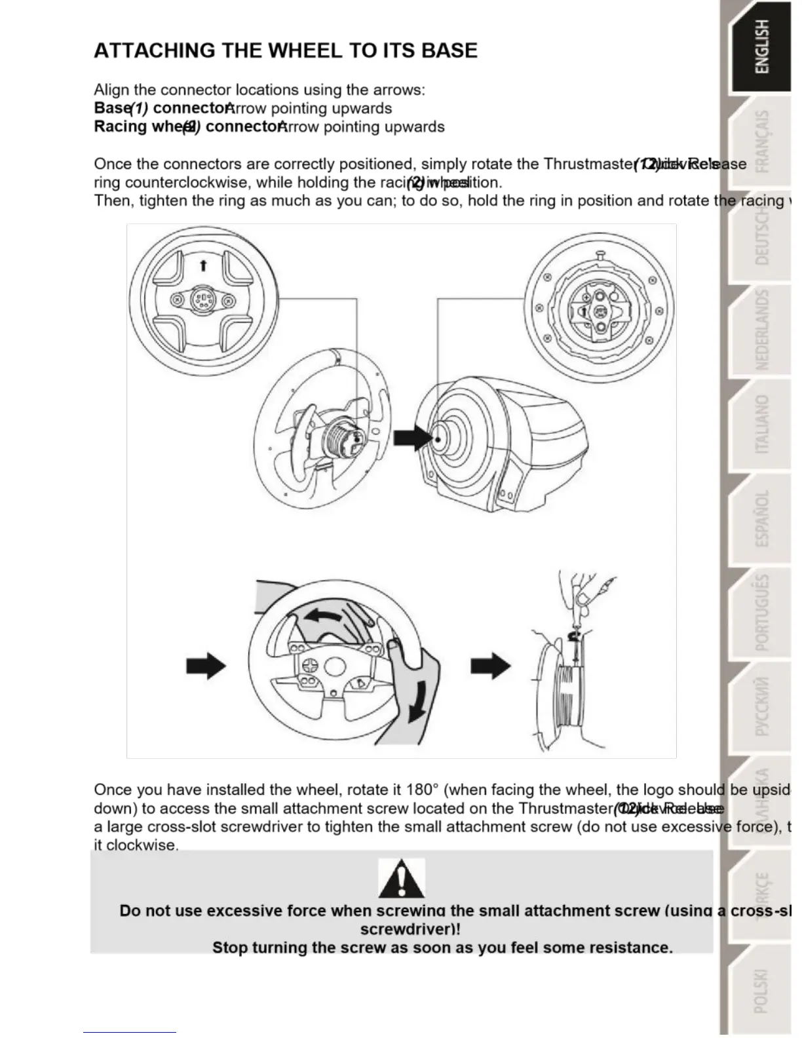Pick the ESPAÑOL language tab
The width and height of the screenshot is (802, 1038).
762,518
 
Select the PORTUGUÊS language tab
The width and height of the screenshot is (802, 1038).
762,613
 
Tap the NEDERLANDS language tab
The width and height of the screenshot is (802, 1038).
762,330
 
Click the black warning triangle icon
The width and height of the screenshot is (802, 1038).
402,879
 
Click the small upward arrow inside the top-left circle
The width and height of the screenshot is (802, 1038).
203,265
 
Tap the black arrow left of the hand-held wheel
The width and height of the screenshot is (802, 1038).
206,666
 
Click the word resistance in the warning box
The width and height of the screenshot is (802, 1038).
630,948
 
